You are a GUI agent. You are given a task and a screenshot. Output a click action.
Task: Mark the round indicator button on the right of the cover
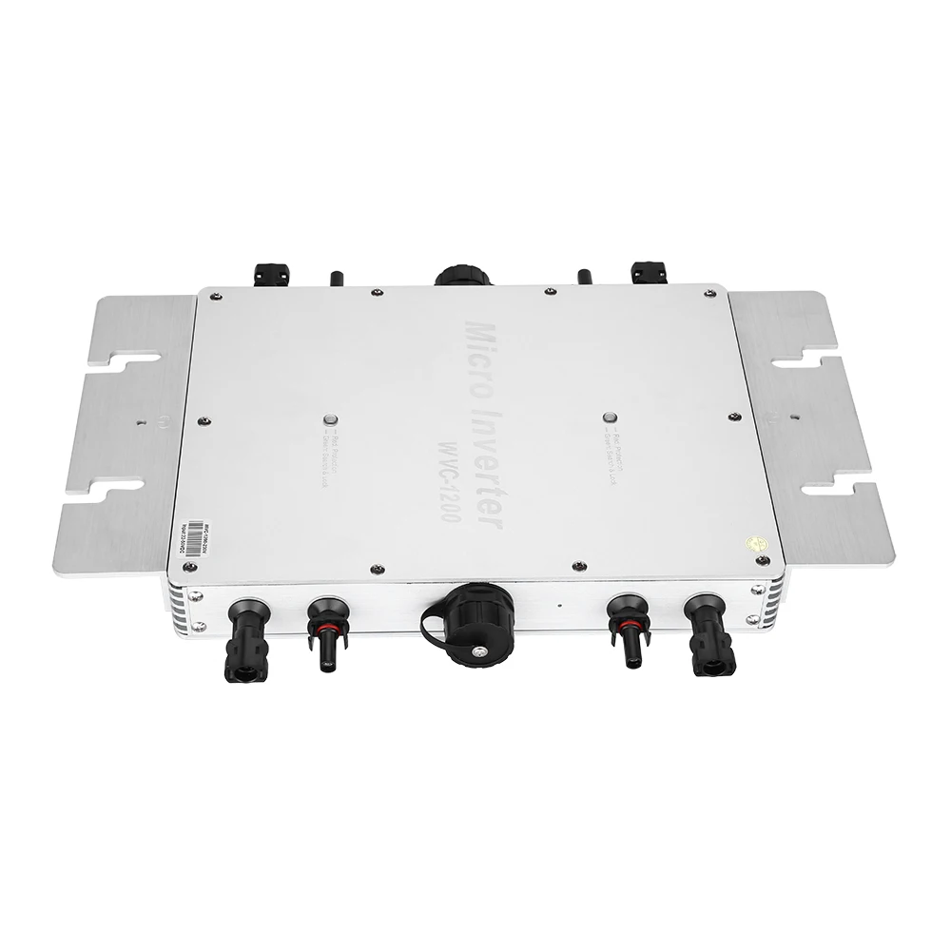[x=610, y=415]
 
